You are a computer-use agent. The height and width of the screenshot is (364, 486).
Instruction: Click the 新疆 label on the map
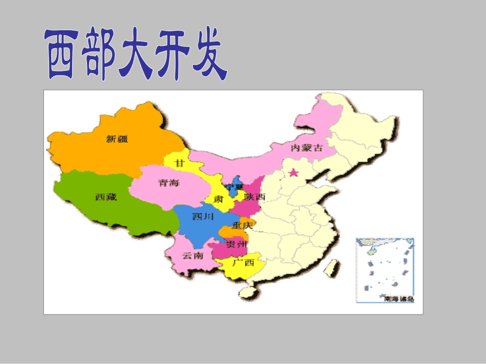[x=117, y=138]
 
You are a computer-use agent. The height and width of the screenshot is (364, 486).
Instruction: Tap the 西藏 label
[x=106, y=197]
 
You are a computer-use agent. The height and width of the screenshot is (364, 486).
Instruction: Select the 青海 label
[x=169, y=183]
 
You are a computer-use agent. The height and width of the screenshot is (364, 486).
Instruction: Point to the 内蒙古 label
[x=307, y=148]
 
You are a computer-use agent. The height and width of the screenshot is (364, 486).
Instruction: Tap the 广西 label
[x=243, y=262]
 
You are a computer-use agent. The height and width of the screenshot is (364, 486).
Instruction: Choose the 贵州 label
[x=237, y=244]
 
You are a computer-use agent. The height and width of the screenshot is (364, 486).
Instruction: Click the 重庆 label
[x=242, y=225]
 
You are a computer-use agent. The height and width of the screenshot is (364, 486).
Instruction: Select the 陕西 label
[x=254, y=197]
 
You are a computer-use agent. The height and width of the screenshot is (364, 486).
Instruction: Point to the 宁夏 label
[x=242, y=187]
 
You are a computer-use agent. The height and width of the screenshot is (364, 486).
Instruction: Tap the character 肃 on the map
[x=218, y=199]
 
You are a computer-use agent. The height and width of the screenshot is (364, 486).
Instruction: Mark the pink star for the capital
[x=293, y=173]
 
